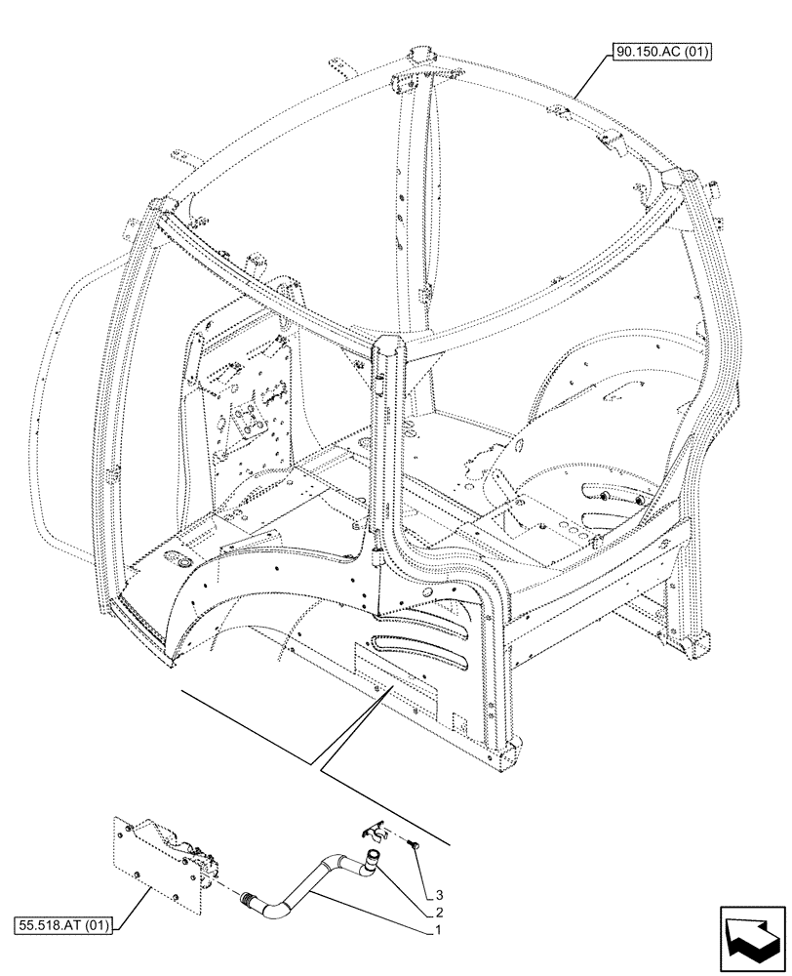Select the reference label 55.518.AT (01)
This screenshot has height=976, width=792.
62,922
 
